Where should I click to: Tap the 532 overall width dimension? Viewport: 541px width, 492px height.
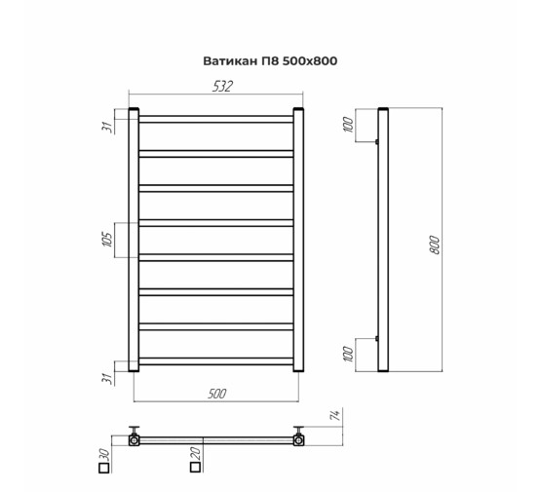(223, 88)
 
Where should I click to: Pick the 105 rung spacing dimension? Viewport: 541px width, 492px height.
(108, 240)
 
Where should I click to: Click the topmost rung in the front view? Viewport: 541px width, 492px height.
(216, 119)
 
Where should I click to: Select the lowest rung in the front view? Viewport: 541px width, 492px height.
(216, 361)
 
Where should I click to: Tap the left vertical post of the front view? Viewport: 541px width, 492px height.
(135, 240)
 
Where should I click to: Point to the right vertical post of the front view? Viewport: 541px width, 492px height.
(300, 240)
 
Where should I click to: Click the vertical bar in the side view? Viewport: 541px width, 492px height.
(383, 240)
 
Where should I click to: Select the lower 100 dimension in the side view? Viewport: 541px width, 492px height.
(348, 353)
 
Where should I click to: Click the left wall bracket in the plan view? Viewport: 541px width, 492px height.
(135, 437)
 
